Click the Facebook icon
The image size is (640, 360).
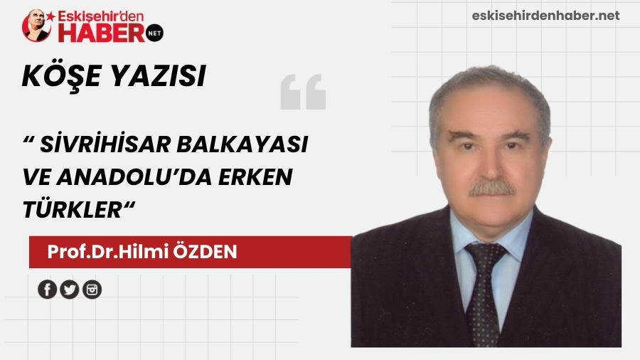coord(48,290)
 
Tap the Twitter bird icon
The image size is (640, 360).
coord(70,290)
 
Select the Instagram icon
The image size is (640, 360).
coord(92,290)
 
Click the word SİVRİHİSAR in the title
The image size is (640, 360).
coord(97,144)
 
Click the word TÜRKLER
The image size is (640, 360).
coord(74,211)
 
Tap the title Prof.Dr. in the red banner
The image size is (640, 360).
coord(76,252)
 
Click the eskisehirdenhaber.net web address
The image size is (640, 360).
coord(545,16)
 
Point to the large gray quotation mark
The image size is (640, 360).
coord(303,92)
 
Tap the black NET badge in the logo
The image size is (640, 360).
coord(154,32)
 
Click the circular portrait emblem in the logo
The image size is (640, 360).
coord(38,26)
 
